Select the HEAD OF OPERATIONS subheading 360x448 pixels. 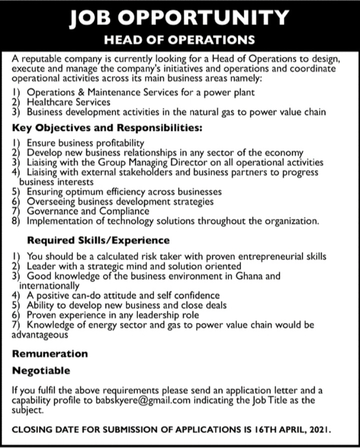coord(179,39)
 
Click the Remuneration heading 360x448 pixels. coord(50,354)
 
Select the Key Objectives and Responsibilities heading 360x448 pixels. coord(107,128)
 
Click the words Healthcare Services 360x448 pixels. coord(68,102)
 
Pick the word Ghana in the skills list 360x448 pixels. coord(254,276)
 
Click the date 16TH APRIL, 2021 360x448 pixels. coord(286,429)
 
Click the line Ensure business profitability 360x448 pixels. coord(85,143)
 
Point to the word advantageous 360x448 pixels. coord(39,335)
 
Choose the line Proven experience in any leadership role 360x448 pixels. coord(113,315)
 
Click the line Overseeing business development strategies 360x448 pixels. coord(120,201)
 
